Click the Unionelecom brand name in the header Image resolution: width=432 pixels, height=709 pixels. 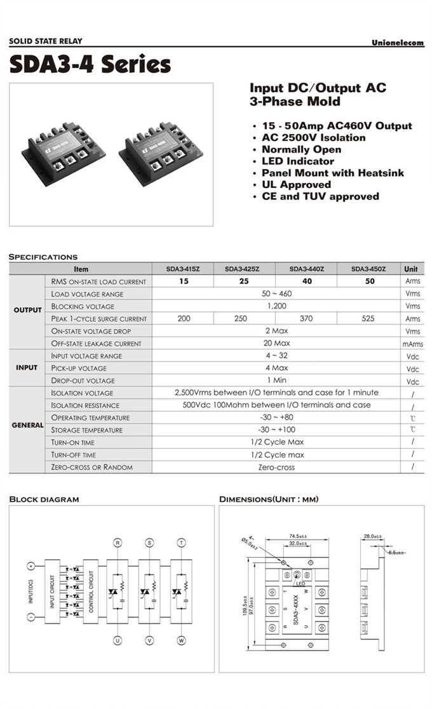coord(398,43)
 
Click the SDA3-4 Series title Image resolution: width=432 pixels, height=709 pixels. coord(90,64)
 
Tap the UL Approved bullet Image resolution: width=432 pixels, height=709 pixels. coord(296,184)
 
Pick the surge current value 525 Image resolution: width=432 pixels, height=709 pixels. coord(368,319)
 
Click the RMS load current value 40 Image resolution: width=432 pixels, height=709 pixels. coord(306,281)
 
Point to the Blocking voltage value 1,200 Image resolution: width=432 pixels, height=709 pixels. coord(276,306)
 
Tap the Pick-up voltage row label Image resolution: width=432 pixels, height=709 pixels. coord(79,368)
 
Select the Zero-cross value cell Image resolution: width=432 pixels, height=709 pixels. coord(276,467)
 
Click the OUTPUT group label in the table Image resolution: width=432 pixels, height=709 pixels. coord(27,310)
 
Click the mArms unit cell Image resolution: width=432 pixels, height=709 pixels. coord(412,344)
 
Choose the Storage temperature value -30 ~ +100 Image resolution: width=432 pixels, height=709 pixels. coord(276,430)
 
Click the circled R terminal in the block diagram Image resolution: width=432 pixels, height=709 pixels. coord(117,543)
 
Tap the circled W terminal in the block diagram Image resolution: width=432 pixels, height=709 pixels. coord(182,641)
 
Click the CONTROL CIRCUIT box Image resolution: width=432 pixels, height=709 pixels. coord(91,591)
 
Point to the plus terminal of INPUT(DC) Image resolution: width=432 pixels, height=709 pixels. coord(30,565)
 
